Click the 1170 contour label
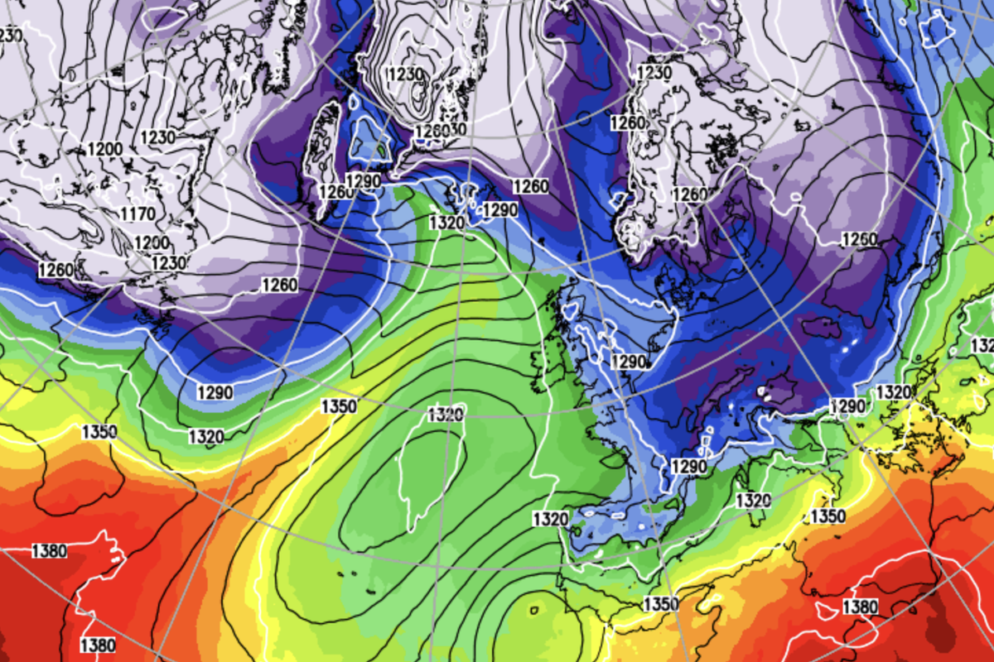coord(137,215)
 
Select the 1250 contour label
coord(858,240)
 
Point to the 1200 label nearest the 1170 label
coord(151,243)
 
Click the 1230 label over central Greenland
coord(405,74)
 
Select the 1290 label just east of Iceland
coord(499,210)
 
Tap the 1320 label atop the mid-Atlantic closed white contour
coord(445,415)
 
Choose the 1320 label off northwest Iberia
coord(550,519)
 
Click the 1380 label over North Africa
coord(860,607)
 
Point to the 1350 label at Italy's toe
coord(828,516)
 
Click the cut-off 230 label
coord(10,35)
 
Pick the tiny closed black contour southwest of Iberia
coord(533,610)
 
